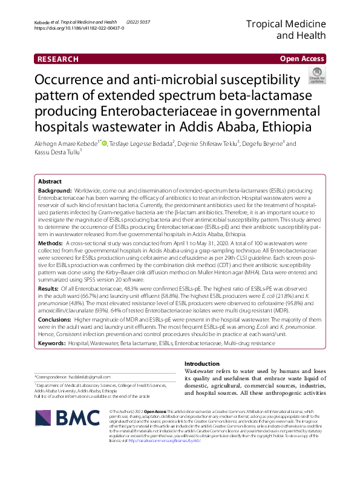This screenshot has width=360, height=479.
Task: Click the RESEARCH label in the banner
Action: (x=57, y=59)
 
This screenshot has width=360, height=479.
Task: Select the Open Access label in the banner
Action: (x=301, y=59)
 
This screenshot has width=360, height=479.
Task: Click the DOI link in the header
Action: (x=79, y=28)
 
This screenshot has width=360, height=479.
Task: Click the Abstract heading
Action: (x=50, y=182)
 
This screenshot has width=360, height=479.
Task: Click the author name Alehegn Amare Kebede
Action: (x=65, y=144)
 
